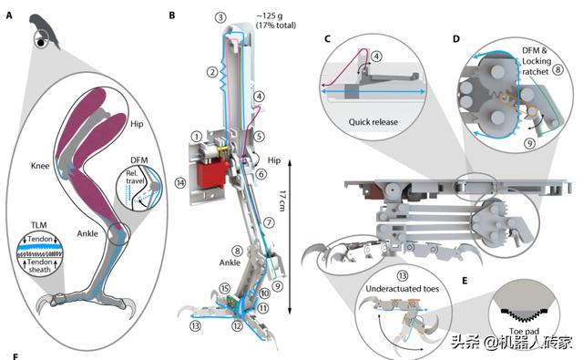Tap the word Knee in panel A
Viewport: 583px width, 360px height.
(x=40, y=166)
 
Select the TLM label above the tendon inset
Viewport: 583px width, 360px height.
(x=39, y=225)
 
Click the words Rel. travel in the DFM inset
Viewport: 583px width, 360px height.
(x=135, y=177)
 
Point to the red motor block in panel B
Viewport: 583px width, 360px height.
(x=211, y=174)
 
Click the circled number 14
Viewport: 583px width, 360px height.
(x=180, y=183)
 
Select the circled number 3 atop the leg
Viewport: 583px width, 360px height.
(x=220, y=17)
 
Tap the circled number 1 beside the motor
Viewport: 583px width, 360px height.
(x=197, y=137)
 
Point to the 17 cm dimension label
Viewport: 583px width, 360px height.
(x=282, y=201)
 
